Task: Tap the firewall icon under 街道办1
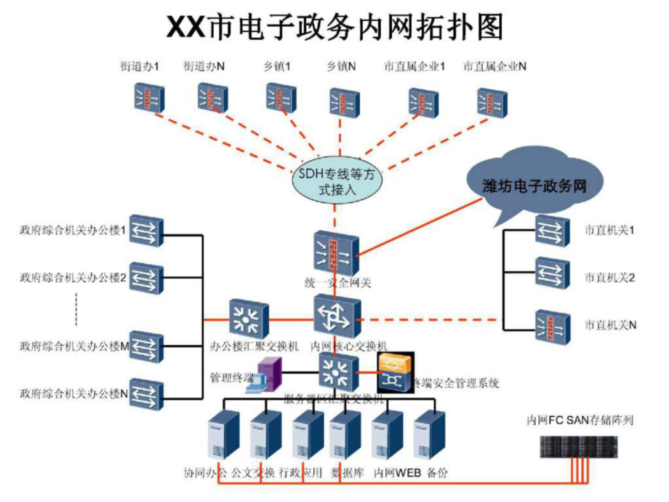click(149, 99)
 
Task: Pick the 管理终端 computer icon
click(261, 376)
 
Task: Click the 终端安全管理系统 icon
click(394, 371)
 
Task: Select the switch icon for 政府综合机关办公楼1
click(146, 232)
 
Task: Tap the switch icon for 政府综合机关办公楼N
click(146, 394)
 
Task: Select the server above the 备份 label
click(429, 435)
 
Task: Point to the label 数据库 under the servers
click(347, 473)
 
